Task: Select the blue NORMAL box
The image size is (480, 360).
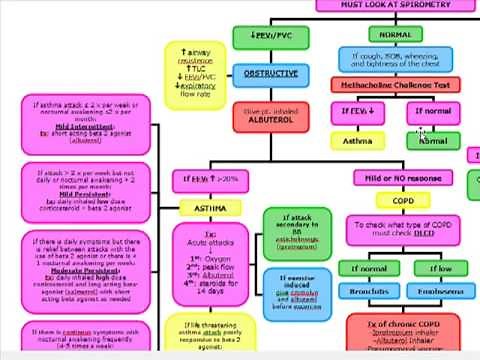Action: (x=395, y=35)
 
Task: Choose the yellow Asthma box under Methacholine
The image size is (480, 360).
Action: (x=358, y=141)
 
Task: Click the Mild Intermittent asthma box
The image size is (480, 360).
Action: (x=86, y=123)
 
